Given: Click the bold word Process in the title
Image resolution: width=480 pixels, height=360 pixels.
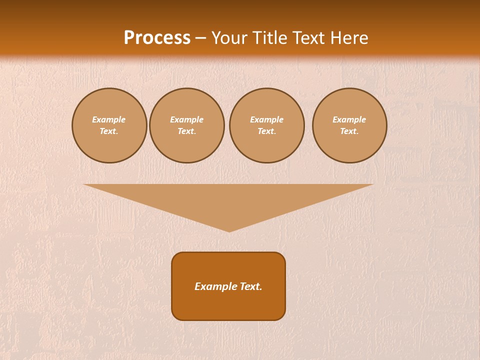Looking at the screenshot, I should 157,38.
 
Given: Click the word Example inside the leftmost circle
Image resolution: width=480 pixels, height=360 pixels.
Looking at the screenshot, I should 109,119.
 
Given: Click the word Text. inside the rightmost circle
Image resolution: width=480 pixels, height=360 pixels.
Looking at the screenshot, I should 349,131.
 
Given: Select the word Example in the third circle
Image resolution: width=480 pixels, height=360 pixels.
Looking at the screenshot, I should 267,119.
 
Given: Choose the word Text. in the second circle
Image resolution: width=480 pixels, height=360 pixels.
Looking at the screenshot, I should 187,131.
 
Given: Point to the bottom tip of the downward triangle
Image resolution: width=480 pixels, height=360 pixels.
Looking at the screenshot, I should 229,230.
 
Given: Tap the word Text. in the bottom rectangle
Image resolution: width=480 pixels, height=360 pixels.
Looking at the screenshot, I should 251,286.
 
